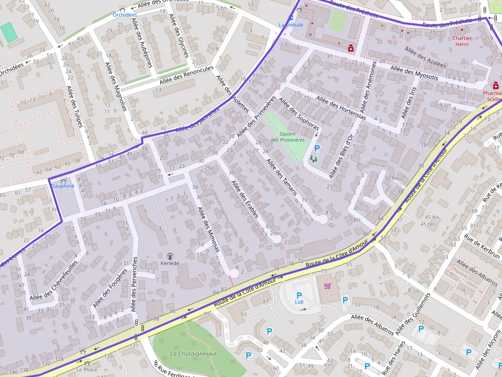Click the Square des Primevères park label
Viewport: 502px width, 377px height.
pyautogui.click(x=287, y=136)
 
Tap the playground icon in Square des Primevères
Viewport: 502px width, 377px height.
pyautogui.click(x=313, y=159)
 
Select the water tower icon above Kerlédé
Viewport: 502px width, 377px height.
pyautogui.click(x=171, y=255)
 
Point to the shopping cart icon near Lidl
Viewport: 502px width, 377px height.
pyautogui.click(x=328, y=286)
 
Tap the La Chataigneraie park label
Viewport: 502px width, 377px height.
pyautogui.click(x=193, y=353)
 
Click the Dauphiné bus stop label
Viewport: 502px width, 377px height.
pyautogui.click(x=62, y=186)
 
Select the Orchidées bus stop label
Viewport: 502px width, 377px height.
pyautogui.click(x=125, y=15)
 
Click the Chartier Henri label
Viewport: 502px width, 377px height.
pyautogui.click(x=462, y=41)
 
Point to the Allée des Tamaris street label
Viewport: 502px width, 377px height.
pyautogui.click(x=282, y=176)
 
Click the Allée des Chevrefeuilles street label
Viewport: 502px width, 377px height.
pyautogui.click(x=54, y=280)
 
